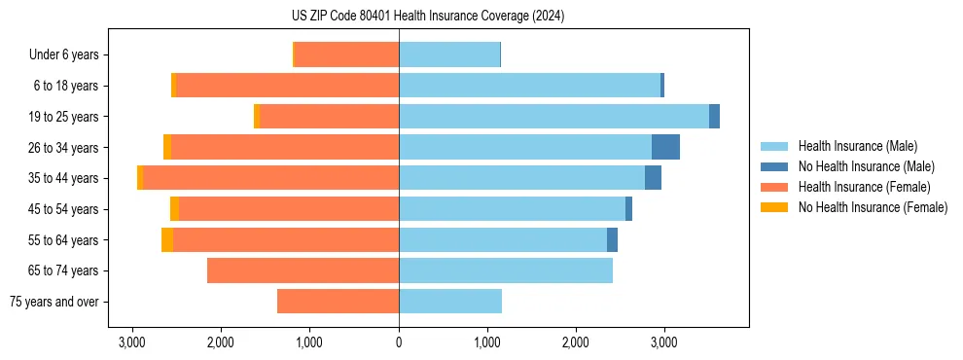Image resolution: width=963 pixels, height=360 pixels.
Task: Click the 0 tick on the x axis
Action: tap(399, 342)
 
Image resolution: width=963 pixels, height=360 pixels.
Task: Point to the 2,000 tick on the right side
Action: tap(576, 342)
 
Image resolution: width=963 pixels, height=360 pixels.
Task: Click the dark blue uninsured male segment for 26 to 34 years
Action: tap(665, 147)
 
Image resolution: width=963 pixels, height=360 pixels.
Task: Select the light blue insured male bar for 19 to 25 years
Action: tap(553, 116)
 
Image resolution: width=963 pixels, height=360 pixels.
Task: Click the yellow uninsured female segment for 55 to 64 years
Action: tap(167, 239)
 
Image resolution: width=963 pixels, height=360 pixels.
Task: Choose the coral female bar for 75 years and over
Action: tap(338, 302)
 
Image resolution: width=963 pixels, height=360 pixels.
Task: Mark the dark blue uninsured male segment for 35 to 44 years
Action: tap(653, 178)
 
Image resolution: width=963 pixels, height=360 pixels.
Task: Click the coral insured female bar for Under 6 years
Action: tap(346, 54)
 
